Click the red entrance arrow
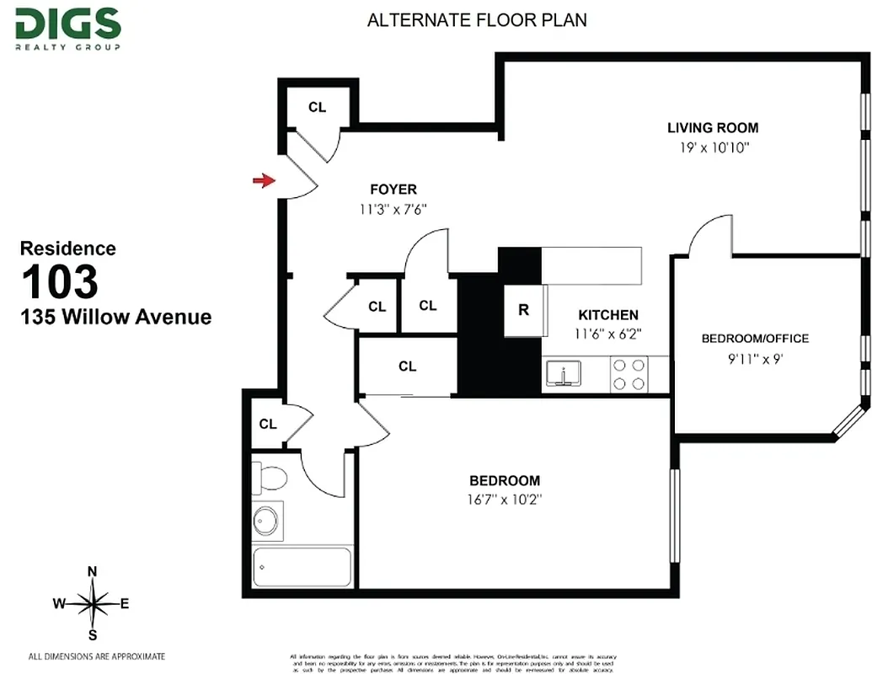point(265,179)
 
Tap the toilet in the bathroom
point(271,479)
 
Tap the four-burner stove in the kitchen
point(629,374)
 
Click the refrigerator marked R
point(523,310)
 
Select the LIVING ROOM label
point(713,128)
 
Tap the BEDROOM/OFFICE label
point(755,339)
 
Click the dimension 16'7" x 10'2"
point(505,499)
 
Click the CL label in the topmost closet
point(317,107)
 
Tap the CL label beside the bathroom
point(268,424)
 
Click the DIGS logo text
point(67,24)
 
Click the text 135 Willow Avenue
point(115,318)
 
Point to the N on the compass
point(93,572)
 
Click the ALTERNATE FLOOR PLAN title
point(477,19)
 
